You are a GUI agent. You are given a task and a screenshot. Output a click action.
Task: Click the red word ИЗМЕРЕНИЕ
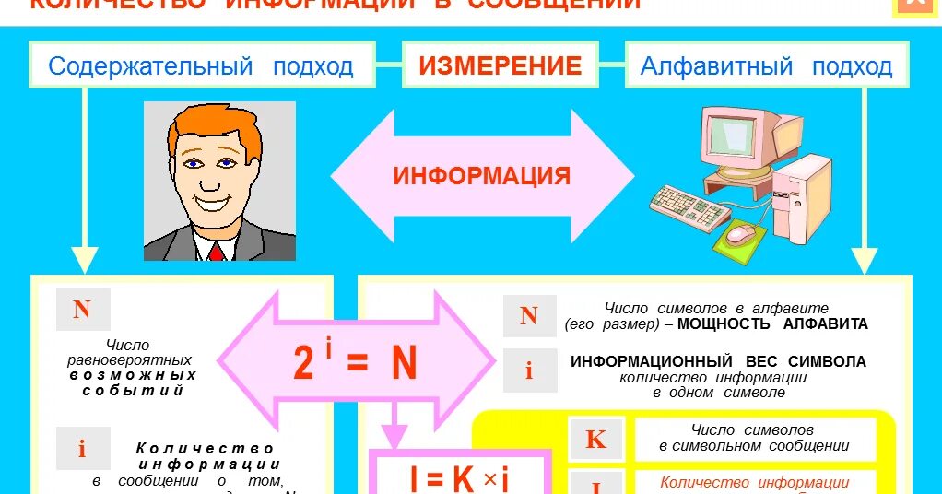click(x=500, y=65)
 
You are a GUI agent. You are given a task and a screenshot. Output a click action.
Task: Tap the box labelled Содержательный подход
click(x=201, y=66)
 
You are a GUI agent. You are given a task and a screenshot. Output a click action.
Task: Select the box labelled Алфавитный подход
click(x=765, y=66)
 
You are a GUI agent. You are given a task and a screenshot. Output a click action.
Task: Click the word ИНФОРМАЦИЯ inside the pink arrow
click(x=482, y=176)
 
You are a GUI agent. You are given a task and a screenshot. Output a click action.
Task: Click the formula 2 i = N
click(x=356, y=362)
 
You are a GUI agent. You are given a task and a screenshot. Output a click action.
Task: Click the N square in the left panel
click(x=82, y=310)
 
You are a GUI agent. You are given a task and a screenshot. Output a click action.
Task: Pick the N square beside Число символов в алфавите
click(x=528, y=316)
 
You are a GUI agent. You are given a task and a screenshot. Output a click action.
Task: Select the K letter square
click(x=596, y=440)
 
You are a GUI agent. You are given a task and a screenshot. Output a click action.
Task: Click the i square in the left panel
click(x=82, y=449)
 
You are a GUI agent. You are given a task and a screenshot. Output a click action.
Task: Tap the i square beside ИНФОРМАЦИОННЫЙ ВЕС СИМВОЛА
click(x=529, y=370)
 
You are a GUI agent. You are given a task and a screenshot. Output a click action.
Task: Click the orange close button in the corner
click(x=915, y=5)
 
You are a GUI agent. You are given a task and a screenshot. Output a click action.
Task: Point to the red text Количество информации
click(x=754, y=482)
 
